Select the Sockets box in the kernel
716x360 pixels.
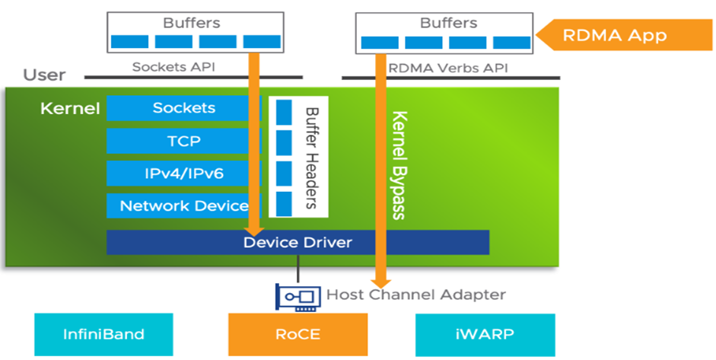tap(183, 108)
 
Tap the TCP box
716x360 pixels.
tap(183, 141)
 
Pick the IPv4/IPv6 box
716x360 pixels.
tap(183, 174)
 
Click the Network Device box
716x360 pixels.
tap(183, 205)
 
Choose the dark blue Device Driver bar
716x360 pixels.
tap(298, 243)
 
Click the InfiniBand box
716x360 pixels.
tap(103, 333)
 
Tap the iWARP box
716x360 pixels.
tap(485, 333)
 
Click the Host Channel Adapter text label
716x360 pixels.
tap(415, 295)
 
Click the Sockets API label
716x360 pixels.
tap(173, 67)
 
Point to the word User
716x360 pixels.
tap(44, 75)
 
